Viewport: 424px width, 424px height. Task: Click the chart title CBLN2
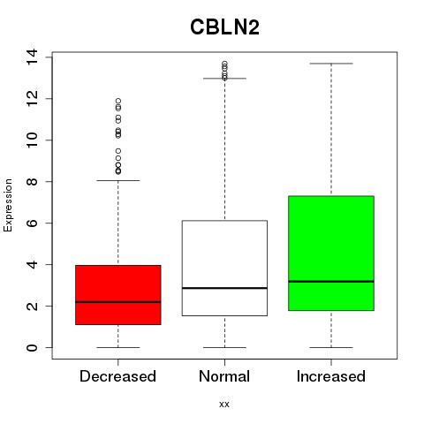click(x=224, y=27)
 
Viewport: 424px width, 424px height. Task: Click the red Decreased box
click(x=118, y=295)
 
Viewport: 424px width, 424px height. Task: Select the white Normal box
click(x=224, y=268)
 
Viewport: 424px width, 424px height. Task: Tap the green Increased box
click(x=331, y=254)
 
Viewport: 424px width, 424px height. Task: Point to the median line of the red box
click(x=118, y=302)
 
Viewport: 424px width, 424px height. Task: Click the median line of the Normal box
click(x=224, y=288)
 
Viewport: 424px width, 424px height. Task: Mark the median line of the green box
click(x=331, y=282)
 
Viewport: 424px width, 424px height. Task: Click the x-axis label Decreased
click(x=117, y=376)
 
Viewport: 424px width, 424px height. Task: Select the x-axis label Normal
click(x=224, y=376)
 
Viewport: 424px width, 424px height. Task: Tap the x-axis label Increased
click(x=331, y=376)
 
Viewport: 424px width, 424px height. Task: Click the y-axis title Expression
click(x=8, y=205)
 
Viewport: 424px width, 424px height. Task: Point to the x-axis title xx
click(x=224, y=405)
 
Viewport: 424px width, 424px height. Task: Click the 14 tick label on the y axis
click(x=32, y=57)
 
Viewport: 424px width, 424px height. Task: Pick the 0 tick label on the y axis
click(x=32, y=347)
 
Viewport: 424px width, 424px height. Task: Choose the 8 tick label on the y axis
click(x=32, y=181)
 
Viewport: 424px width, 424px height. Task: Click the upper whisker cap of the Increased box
click(x=331, y=64)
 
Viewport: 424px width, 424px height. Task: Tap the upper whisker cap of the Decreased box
click(x=118, y=180)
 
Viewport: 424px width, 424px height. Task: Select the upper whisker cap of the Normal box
click(x=224, y=79)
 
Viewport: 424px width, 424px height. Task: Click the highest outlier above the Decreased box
click(x=118, y=101)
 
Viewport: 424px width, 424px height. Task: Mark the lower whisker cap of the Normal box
click(x=224, y=347)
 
